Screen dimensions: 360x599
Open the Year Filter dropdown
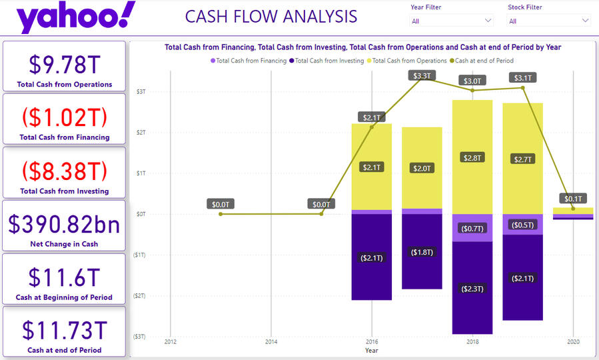452,21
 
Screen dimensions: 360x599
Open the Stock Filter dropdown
549,21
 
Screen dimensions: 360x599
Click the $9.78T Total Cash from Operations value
65,65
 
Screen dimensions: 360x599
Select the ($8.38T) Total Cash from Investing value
65,171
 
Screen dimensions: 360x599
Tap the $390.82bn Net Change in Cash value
65,225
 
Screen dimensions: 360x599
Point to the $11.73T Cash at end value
65,331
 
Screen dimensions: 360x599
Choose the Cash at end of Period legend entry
484,61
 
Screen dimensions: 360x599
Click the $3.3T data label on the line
422,76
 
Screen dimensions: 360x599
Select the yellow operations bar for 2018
472,157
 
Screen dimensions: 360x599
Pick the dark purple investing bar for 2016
372,257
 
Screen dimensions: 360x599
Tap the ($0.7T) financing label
472,229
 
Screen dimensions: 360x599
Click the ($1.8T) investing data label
422,253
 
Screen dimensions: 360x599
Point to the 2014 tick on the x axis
271,342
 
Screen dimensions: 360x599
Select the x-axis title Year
371,351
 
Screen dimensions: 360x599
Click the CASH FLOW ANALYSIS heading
271,17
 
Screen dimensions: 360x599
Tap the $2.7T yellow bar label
522,159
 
